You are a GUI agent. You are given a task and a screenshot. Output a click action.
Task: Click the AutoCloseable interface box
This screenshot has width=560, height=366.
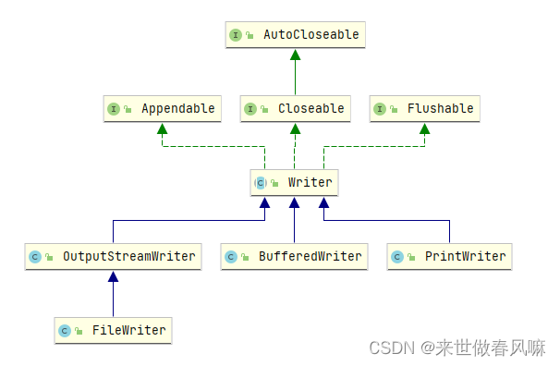tap(295, 35)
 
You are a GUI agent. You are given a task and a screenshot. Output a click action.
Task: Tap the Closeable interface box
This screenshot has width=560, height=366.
tap(295, 109)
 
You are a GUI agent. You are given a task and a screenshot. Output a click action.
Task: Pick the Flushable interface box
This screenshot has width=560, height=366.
tap(424, 109)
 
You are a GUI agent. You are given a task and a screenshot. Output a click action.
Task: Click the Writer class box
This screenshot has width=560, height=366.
tap(294, 182)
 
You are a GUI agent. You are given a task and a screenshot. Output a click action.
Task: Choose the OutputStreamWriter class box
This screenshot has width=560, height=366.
tap(114, 256)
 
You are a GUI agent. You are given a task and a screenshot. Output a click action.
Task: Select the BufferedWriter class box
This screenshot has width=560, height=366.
tap(294, 256)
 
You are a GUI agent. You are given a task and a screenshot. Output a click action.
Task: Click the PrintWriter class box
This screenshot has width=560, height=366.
tap(449, 256)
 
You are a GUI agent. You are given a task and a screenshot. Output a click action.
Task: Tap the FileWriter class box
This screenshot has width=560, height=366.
tap(113, 330)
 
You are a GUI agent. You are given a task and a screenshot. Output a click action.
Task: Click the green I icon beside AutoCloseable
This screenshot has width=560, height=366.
tap(236, 35)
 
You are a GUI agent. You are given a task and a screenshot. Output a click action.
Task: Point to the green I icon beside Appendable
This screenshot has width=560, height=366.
tap(114, 109)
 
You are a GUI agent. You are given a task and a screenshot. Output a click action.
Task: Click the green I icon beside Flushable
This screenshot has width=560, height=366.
tap(380, 109)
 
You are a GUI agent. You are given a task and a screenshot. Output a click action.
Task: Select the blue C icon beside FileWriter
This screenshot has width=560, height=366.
tap(65, 330)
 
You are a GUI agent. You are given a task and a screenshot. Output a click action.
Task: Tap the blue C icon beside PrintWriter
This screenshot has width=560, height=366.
tap(397, 256)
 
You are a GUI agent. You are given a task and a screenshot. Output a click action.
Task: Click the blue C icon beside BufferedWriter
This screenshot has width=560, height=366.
tap(231, 256)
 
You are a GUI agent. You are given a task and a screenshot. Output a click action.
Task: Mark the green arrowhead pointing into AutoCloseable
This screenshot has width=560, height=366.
tap(295, 55)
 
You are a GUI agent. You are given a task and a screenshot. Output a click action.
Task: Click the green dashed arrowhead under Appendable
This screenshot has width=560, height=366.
tap(163, 128)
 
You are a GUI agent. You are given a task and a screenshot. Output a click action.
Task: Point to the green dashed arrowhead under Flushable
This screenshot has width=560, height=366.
tap(424, 128)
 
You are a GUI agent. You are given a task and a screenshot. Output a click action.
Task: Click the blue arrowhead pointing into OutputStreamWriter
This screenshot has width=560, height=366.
tap(113, 275)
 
